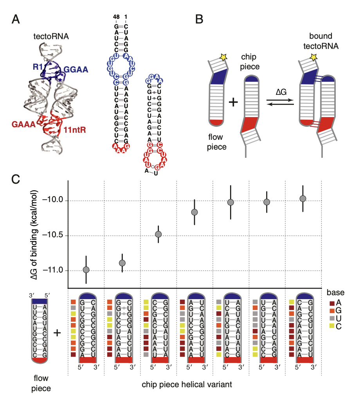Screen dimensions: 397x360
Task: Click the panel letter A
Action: (16, 19)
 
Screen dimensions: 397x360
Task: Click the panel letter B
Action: (199, 19)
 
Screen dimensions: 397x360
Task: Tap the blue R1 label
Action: (38, 67)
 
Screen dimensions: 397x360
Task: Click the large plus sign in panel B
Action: (233, 103)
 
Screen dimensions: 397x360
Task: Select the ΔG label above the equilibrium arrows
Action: (280, 92)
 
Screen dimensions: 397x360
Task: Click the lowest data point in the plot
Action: (86, 270)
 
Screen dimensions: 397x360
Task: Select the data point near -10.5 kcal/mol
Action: (158, 234)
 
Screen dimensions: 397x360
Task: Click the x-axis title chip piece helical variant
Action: (187, 384)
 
